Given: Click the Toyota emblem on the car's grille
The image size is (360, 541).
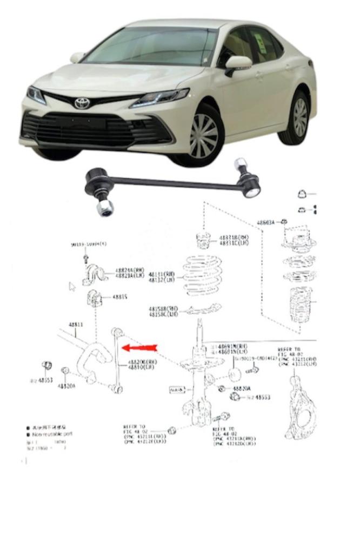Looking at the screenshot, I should tap(83, 103).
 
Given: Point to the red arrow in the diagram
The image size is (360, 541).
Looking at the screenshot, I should tap(139, 347).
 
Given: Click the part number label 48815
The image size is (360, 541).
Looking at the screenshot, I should tap(119, 297).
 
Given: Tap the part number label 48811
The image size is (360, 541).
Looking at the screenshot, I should tap(75, 325).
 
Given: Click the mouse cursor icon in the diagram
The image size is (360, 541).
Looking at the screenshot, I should tap(72, 286).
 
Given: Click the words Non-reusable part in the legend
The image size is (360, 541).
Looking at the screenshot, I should tap(52, 433).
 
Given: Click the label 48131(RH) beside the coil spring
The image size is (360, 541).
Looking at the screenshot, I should tap(162, 274).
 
